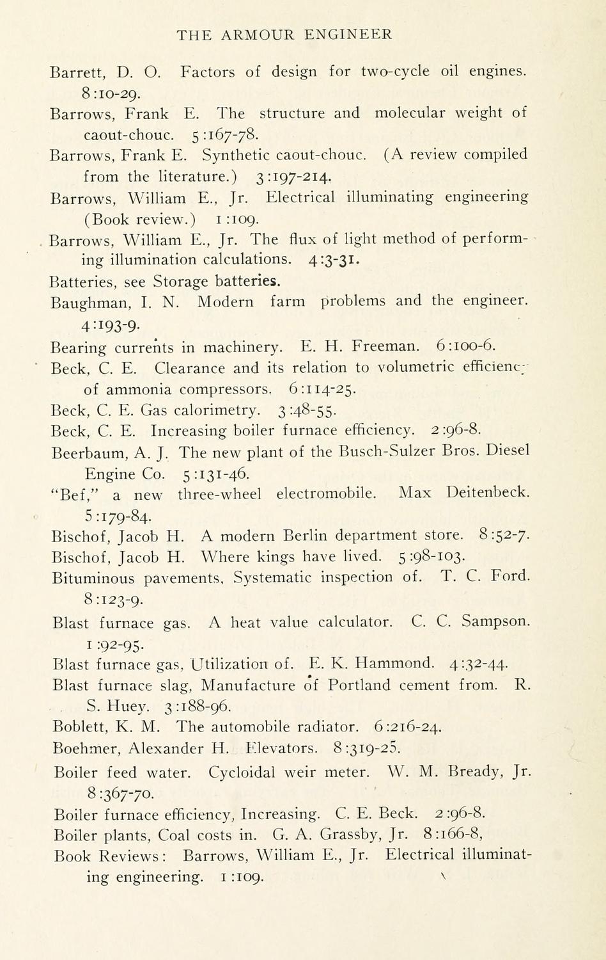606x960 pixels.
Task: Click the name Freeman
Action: point(386,347)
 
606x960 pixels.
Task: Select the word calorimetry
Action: point(217,410)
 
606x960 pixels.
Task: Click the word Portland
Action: point(359,685)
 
